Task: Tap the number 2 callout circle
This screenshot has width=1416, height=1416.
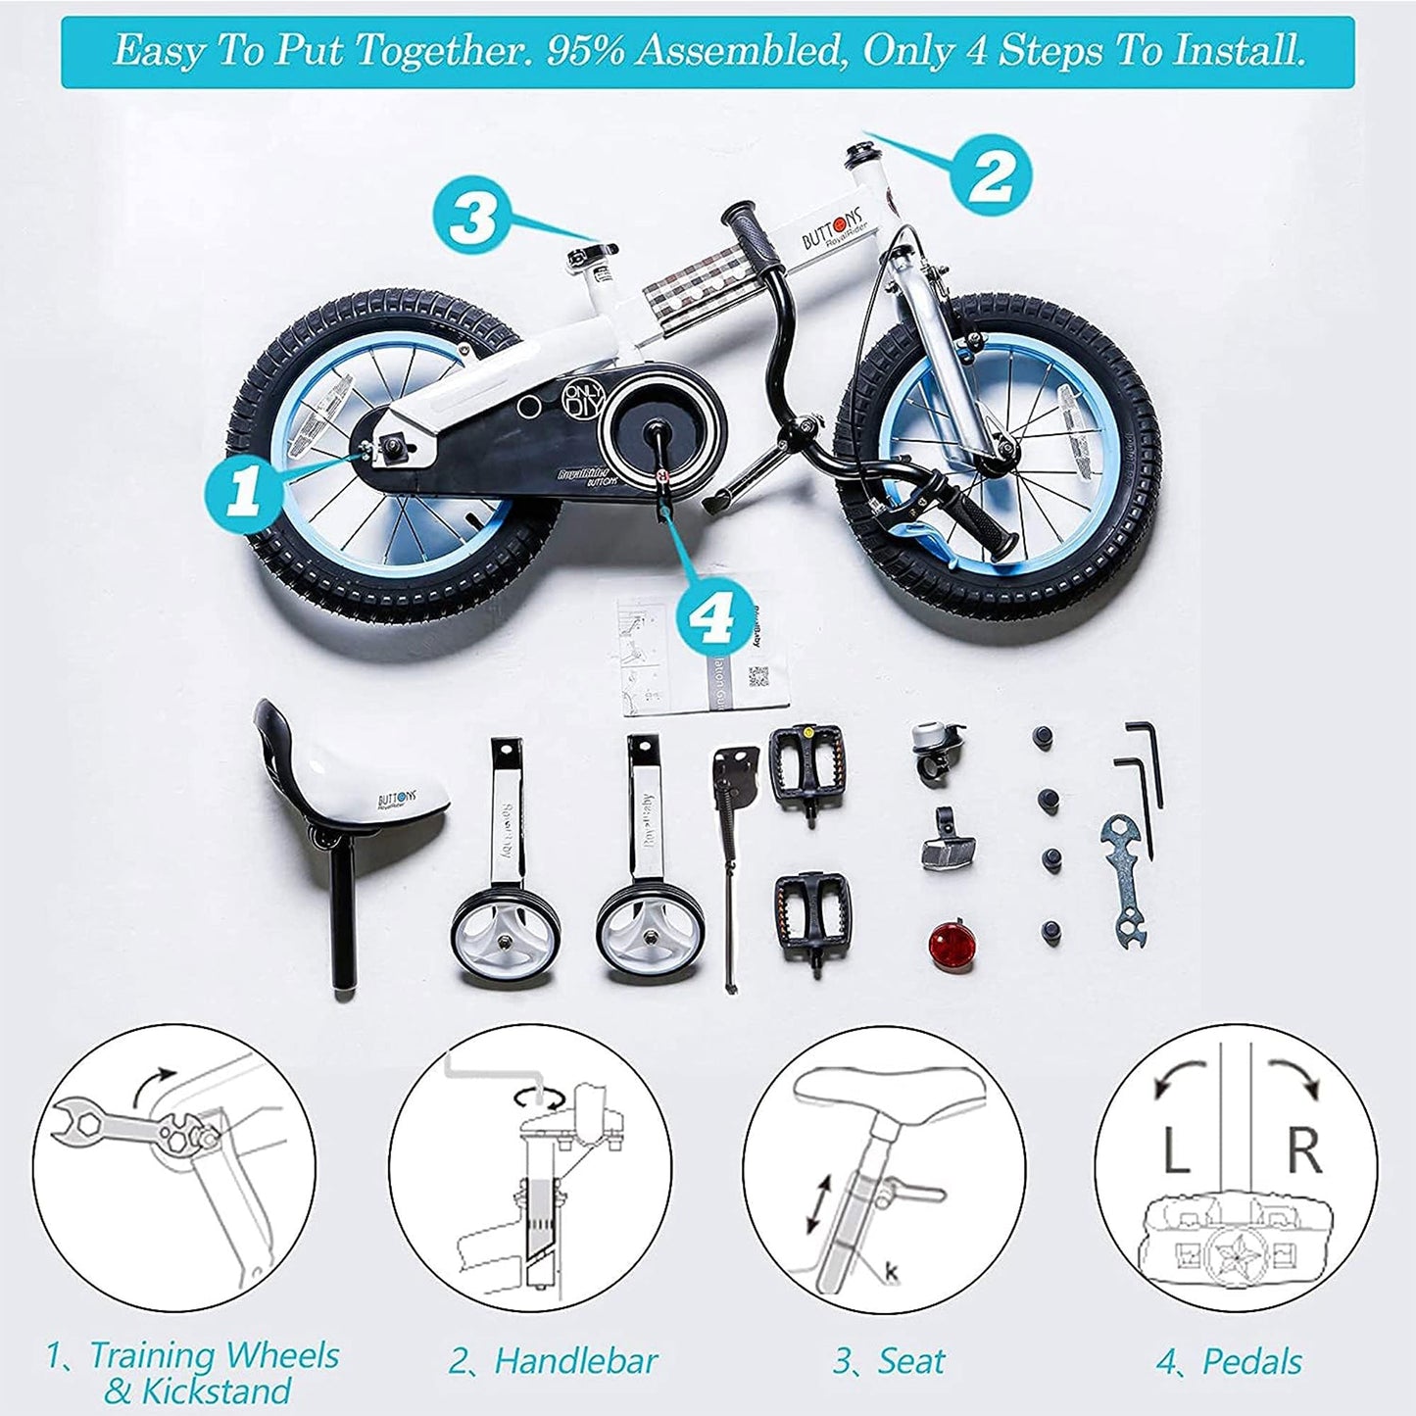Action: (x=990, y=173)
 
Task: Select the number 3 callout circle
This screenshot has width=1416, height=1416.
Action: (x=471, y=217)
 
